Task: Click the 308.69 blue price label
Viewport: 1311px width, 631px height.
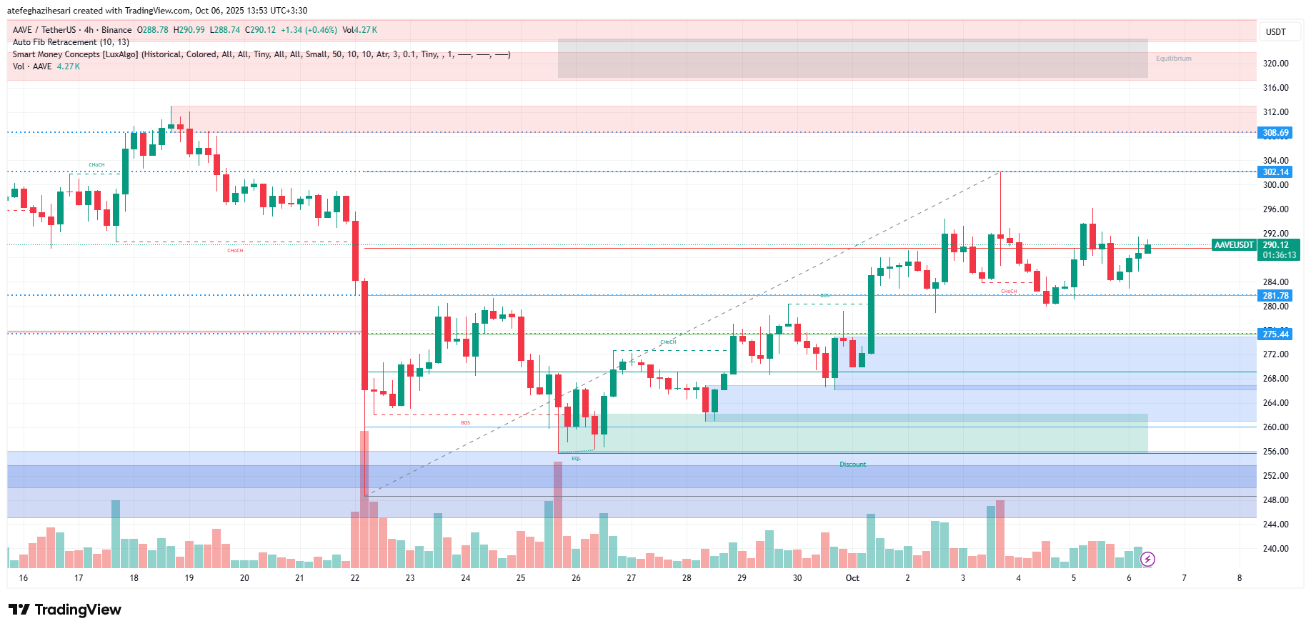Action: point(1275,133)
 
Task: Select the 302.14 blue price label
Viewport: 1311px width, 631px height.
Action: point(1275,172)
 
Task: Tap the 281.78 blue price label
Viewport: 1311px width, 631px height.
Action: point(1275,296)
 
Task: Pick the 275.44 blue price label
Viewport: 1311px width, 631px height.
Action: point(1275,334)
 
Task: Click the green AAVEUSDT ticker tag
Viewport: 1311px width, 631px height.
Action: point(1234,245)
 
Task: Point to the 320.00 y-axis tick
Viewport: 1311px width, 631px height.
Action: point(1275,64)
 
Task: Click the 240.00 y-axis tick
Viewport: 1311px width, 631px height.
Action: point(1275,549)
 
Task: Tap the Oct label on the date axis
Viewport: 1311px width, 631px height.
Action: point(852,578)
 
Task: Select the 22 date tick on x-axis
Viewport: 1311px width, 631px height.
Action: point(355,578)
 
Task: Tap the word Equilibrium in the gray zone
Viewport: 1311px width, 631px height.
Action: point(1173,59)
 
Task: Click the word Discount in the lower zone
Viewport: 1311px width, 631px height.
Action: point(852,464)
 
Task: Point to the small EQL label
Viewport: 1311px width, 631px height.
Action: point(576,459)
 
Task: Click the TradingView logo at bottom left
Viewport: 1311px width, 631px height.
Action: point(65,610)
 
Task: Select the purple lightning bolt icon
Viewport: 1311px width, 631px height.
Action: point(1147,559)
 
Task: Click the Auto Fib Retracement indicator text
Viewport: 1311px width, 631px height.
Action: point(71,42)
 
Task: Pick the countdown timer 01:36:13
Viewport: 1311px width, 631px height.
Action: point(1279,255)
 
